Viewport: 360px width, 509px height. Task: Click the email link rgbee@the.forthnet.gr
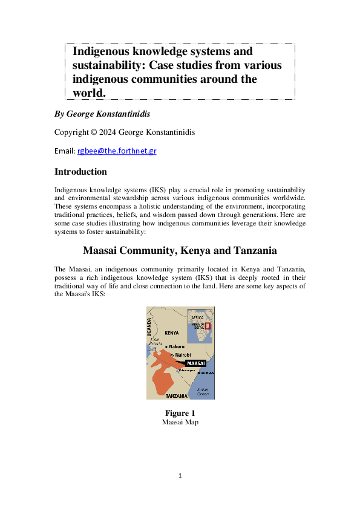tap(117, 151)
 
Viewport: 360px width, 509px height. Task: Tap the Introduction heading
tap(80, 171)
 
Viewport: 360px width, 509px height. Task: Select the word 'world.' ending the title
tap(90, 92)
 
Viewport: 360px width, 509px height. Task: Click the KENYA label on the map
tap(172, 333)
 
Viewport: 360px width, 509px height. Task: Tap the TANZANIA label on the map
tap(176, 395)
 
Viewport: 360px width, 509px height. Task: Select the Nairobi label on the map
tap(183, 355)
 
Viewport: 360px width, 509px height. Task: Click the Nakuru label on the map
tap(177, 346)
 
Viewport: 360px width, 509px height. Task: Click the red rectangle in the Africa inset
tap(208, 326)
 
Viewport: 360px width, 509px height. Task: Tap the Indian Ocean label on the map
tap(203, 391)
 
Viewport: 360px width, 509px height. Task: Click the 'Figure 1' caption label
tap(180, 413)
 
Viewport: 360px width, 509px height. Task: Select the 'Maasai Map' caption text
tap(180, 422)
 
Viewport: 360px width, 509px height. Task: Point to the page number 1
tap(180, 476)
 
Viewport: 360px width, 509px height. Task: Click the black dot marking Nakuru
tap(167, 346)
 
